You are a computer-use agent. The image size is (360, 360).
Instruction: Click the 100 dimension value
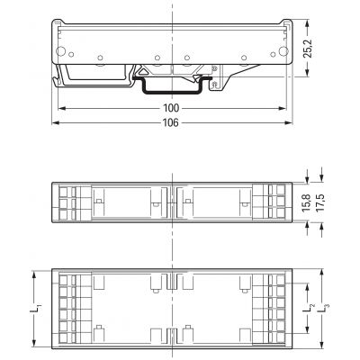171,108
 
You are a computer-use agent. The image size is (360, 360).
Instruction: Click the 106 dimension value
171,122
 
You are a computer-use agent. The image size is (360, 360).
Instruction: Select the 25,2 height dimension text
308,48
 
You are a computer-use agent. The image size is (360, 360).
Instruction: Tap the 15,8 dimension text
307,202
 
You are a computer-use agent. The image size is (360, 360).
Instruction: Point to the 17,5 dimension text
321,202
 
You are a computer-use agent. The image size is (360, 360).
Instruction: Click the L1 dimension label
35,309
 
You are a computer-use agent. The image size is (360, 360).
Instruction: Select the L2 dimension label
308,309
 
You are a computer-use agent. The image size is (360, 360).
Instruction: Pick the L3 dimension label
323,309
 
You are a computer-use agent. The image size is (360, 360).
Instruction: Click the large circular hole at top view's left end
60,51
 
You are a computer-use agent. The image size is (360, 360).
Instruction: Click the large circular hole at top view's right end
283,51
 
